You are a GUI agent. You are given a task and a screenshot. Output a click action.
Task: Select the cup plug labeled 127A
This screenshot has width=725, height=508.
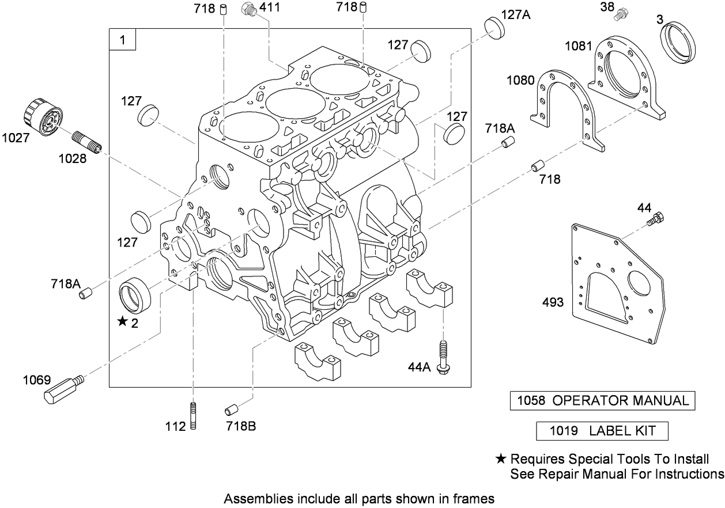tap(494, 27)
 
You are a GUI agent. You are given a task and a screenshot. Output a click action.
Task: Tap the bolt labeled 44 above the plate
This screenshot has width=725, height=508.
tap(657, 219)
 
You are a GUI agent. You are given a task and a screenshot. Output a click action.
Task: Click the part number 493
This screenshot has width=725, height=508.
tap(553, 302)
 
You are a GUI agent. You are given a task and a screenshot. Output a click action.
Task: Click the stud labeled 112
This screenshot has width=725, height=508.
tap(192, 416)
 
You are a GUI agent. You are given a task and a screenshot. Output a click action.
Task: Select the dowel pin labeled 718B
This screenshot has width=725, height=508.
tap(232, 410)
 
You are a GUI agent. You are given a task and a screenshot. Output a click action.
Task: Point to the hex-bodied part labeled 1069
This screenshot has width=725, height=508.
tap(61, 390)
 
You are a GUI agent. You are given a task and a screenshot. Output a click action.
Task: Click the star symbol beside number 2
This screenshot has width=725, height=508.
tap(122, 322)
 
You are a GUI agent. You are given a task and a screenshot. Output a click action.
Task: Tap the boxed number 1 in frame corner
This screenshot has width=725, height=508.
tap(122, 40)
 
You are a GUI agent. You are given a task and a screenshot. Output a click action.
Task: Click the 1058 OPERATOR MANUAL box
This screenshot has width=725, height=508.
tap(602, 401)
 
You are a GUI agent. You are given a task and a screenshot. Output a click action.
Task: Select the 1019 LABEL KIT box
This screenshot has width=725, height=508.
tap(602, 431)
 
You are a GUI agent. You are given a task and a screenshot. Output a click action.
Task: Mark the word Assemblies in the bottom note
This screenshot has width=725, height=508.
tap(250, 498)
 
